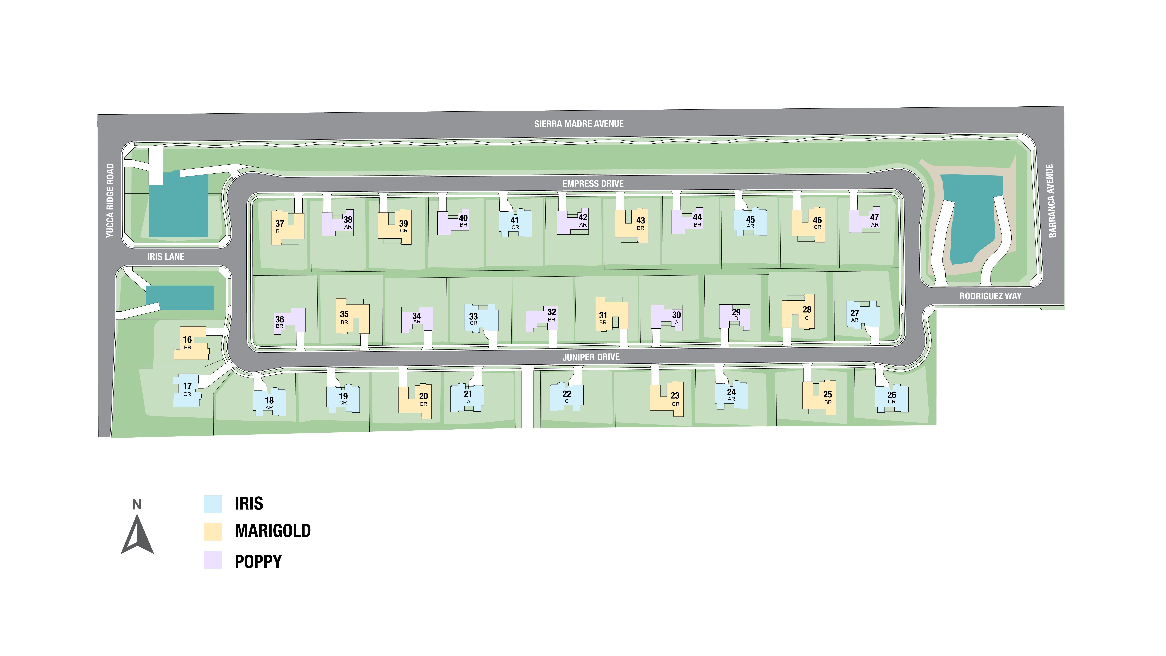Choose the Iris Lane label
pos(166,257)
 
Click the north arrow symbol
pos(137,534)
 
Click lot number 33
pos(473,316)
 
